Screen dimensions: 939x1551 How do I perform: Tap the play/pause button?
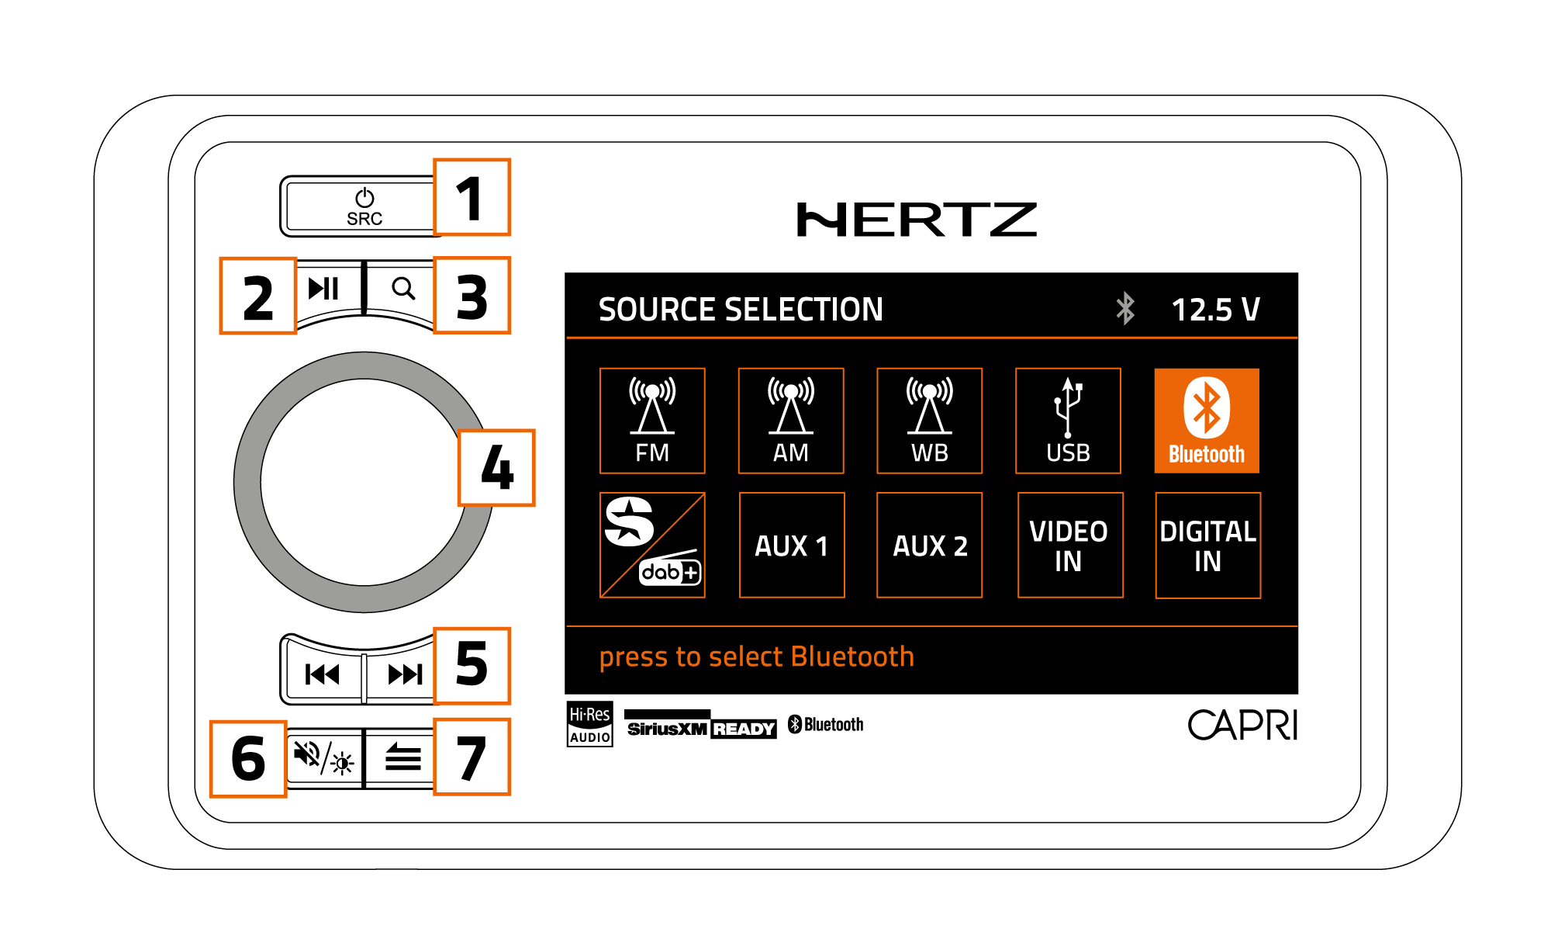coord(324,289)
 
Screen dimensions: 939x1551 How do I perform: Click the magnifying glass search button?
coord(402,289)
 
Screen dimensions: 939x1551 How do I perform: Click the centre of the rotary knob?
coord(364,482)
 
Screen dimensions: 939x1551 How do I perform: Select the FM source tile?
coord(652,421)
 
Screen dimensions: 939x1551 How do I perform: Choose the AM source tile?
coord(791,421)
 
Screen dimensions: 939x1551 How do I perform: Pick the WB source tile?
coord(929,421)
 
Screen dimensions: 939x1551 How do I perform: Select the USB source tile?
coord(1068,421)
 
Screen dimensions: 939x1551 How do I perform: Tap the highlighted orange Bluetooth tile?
coord(1207,421)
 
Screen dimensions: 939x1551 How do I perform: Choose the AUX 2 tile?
coord(929,546)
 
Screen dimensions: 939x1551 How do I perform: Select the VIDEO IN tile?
coord(1069,546)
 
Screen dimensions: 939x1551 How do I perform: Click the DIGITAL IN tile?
coord(1207,546)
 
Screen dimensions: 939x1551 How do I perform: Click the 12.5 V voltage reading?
coord(1215,310)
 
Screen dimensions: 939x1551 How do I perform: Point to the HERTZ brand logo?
coord(917,220)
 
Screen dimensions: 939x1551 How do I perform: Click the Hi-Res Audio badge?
coord(589,724)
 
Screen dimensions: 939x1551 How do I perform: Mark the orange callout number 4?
coord(496,468)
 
